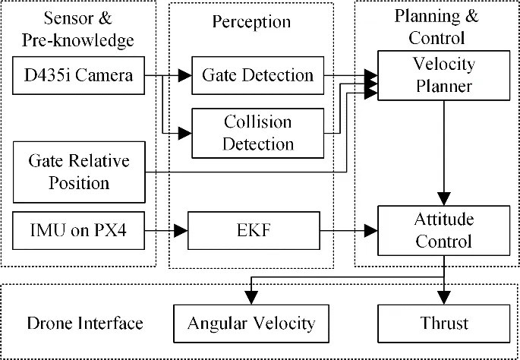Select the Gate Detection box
point(257,75)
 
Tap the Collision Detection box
point(257,132)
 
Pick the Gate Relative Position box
point(79,172)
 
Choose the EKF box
point(257,229)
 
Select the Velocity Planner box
point(443,75)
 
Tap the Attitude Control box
point(443,230)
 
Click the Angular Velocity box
point(251,323)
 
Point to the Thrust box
point(443,323)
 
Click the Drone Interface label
point(85,324)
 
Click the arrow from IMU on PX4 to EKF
point(166,229)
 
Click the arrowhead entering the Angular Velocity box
point(251,299)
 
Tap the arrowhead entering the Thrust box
point(443,299)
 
